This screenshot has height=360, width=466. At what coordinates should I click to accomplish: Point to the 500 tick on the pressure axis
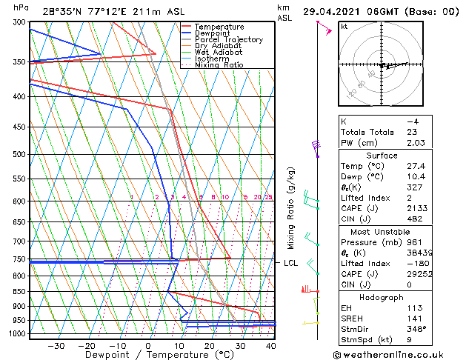click(19, 154)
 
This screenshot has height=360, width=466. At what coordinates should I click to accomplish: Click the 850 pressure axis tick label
click(19, 292)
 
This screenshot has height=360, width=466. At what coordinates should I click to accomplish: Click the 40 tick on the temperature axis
click(270, 345)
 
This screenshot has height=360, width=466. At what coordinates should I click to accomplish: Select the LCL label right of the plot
click(290, 263)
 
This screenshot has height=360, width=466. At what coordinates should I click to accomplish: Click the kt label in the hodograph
click(344, 26)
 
